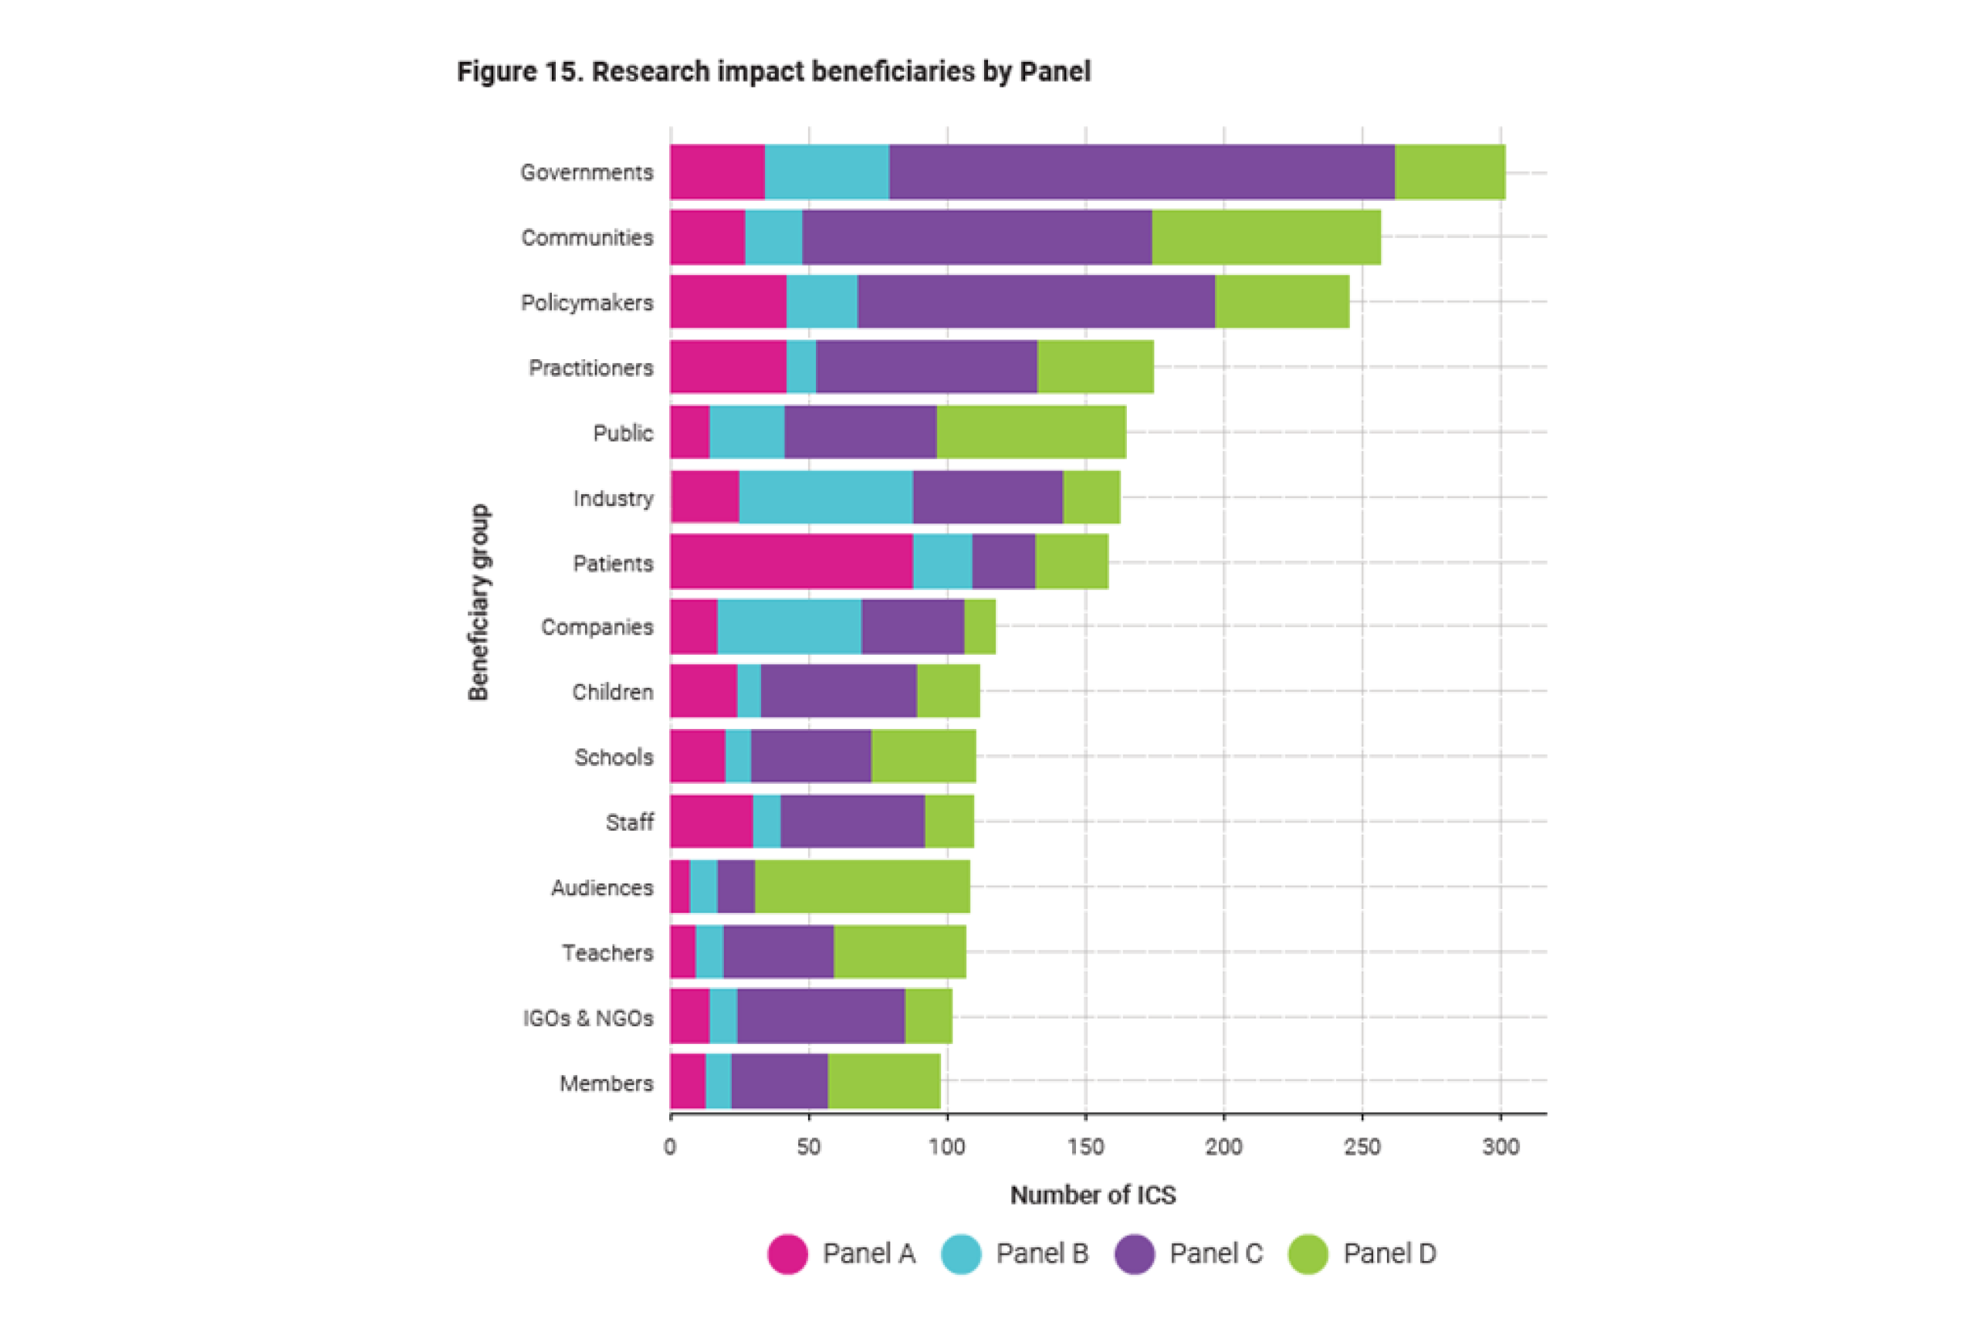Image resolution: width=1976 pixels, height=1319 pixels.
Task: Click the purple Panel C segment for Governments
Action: coord(1142,172)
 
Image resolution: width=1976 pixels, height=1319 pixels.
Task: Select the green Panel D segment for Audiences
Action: coord(862,887)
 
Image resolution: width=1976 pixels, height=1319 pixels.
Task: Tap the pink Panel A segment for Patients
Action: coord(791,562)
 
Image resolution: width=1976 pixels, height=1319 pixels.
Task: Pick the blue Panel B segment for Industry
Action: coord(826,497)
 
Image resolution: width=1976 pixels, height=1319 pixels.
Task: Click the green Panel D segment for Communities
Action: coord(1267,237)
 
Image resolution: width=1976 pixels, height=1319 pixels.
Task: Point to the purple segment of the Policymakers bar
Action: coord(1036,302)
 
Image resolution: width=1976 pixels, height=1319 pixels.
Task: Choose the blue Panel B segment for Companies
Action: coord(789,627)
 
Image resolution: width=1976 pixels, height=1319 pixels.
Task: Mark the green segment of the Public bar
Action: coord(1031,432)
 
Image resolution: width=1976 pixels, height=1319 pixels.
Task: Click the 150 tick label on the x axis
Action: coord(1085,1148)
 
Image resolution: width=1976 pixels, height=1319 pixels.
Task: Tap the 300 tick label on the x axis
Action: coord(1501,1148)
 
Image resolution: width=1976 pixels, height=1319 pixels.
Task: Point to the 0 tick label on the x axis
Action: coord(670,1148)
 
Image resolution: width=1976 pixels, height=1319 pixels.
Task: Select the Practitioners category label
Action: coord(591,368)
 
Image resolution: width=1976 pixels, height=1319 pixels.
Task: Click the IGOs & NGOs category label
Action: coord(589,1018)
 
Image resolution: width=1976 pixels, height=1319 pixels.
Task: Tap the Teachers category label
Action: coord(608,953)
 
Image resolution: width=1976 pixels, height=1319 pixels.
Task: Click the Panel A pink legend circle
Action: coord(788,1254)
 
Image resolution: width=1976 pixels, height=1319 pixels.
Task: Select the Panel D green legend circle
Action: coord(1308,1254)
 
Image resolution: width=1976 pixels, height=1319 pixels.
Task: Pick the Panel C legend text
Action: coord(1216,1253)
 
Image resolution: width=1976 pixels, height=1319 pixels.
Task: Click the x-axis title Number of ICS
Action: coord(1093,1195)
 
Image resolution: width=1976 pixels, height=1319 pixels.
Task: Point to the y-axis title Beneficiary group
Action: coord(479,602)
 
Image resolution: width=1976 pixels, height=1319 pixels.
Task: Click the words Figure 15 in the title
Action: coord(519,73)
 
